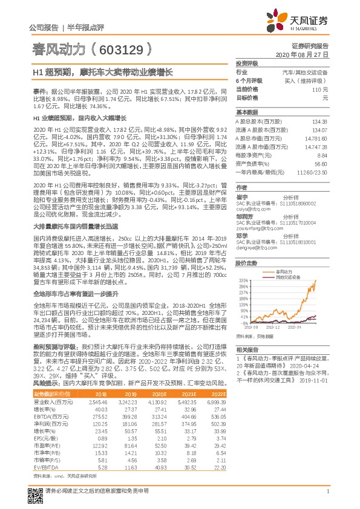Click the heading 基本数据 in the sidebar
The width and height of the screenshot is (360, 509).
(246, 112)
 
